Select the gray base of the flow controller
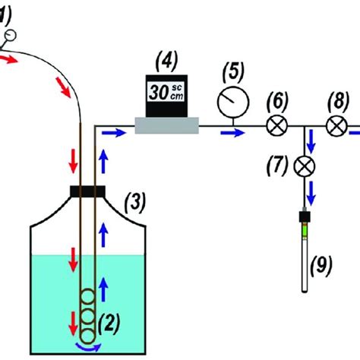click(x=166, y=125)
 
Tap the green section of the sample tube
click(x=306, y=225)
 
